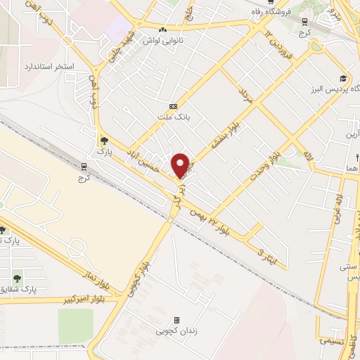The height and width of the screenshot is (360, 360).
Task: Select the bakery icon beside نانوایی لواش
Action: pyautogui.click(x=163, y=30)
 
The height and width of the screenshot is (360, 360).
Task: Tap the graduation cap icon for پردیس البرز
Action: pyautogui.click(x=342, y=79)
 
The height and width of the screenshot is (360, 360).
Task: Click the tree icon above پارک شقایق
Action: pyautogui.click(x=18, y=274)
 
